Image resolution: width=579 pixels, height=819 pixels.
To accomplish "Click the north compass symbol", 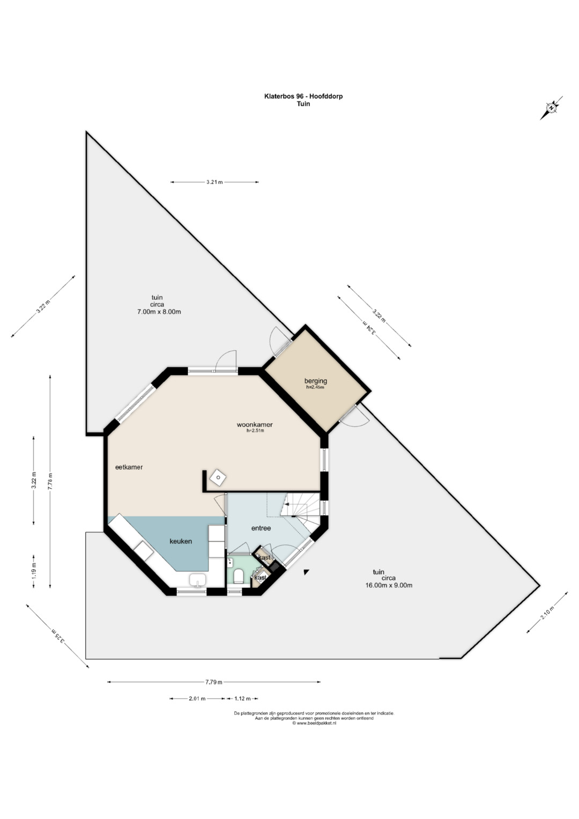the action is pos(551,108).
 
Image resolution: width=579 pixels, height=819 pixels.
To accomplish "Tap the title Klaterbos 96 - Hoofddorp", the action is pos(303,97).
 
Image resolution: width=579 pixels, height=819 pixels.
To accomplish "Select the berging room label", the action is pos(316,381).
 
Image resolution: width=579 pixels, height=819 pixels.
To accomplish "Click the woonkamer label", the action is pos(255,424).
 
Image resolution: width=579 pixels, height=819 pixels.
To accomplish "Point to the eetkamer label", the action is pos(129,467).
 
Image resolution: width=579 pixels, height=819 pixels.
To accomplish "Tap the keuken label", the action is pos(181,541).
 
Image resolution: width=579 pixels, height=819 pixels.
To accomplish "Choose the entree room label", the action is pos(261,528).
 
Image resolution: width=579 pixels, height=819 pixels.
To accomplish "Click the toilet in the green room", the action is pos(239,576).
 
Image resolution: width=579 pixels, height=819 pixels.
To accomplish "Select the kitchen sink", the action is pos(197,579).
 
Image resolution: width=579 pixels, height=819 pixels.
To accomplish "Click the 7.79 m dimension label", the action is pos(214,682).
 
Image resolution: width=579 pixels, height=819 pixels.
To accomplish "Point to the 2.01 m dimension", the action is pos(197,699).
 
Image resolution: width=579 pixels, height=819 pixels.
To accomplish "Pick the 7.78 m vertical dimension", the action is pos(50,481).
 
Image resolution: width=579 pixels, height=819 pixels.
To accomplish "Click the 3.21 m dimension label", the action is pos(214,182).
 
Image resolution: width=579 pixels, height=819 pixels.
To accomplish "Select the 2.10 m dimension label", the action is pos(547,612).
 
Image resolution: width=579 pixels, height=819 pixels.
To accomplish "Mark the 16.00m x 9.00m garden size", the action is pos(389,585).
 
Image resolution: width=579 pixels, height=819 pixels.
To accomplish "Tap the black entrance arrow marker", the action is pos(306,572).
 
